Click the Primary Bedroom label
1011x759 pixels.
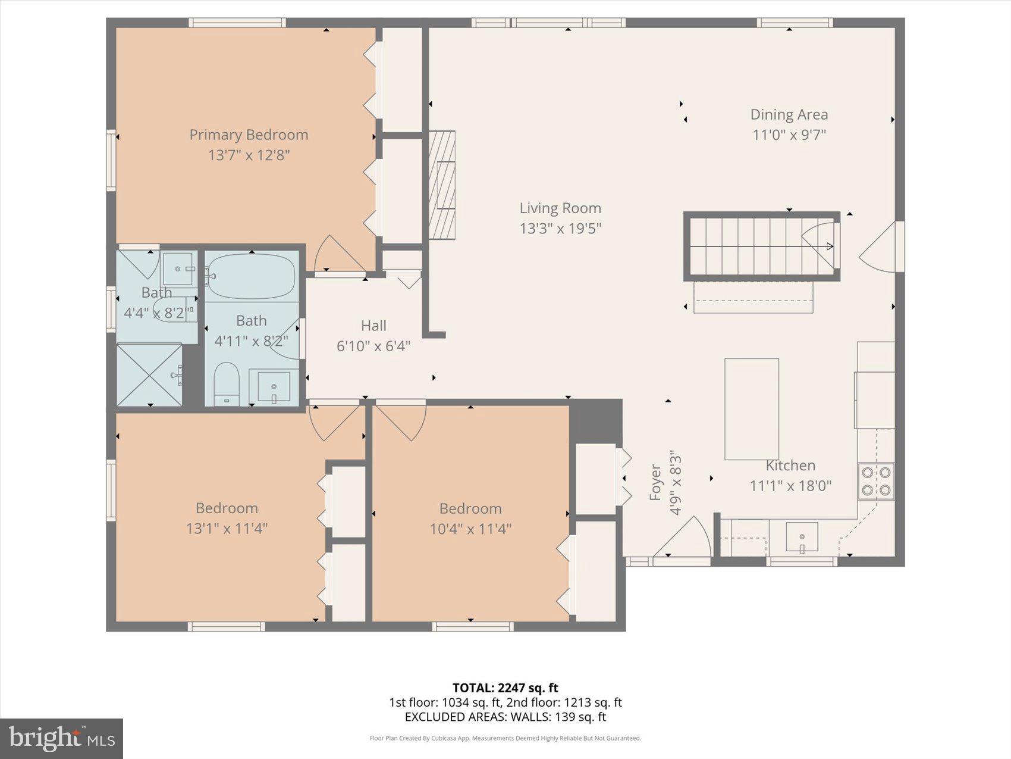tap(249, 135)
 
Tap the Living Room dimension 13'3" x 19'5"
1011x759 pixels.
tap(560, 228)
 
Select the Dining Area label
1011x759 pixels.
tap(789, 114)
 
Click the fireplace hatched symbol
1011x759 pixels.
tap(442, 185)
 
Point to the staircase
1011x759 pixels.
tap(761, 246)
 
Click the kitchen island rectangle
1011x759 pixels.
tap(752, 409)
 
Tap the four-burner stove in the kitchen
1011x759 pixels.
tap(876, 481)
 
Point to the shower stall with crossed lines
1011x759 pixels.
tap(149, 375)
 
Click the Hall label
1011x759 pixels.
tap(373, 326)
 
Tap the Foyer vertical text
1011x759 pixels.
tap(655, 482)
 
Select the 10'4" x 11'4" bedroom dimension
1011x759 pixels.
tap(470, 529)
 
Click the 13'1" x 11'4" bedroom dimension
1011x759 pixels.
tap(227, 528)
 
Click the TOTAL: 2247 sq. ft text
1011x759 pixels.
tap(505, 688)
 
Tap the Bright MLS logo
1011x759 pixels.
tap(61, 739)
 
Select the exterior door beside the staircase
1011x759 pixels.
tap(883, 247)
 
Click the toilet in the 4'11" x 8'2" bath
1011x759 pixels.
tap(226, 383)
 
